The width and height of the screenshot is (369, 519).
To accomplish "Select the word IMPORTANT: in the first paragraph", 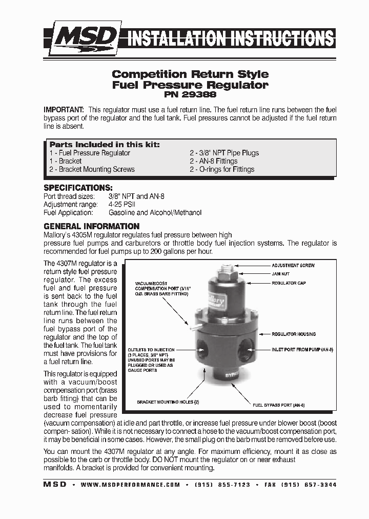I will (x=64, y=110).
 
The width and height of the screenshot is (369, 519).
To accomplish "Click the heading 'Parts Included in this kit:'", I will (x=105, y=145).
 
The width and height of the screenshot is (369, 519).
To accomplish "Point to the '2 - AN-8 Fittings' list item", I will (x=213, y=161).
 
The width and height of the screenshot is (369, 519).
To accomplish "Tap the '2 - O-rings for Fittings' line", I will (x=221, y=169).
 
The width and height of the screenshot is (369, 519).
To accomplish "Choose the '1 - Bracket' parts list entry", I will (x=66, y=161).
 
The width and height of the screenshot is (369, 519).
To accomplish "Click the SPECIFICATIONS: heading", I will (x=78, y=188).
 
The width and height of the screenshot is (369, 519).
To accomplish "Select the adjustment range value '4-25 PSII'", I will (x=126, y=204).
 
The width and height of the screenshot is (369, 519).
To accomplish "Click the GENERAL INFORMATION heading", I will (x=91, y=226).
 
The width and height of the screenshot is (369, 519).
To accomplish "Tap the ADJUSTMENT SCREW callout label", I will (x=293, y=265).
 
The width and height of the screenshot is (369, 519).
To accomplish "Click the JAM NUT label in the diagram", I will (x=280, y=274).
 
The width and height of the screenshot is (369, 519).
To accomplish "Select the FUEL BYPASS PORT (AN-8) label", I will (x=279, y=405).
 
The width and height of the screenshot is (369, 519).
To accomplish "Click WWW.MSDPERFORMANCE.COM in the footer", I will (x=130, y=485).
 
